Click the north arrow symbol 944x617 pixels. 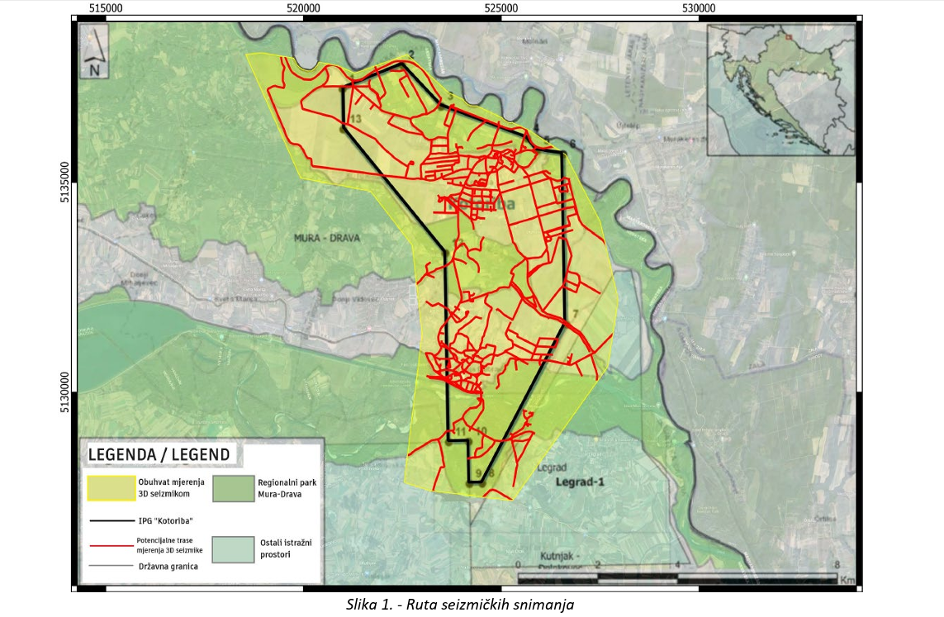tap(96, 50)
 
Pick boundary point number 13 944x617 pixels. tap(356, 120)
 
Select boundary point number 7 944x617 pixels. tap(576, 312)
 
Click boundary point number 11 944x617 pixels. tap(460, 431)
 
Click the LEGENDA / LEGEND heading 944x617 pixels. tap(159, 455)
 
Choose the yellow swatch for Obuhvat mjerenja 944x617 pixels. tap(111, 488)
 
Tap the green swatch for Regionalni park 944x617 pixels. tap(232, 488)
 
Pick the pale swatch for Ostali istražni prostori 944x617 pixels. tap(232, 549)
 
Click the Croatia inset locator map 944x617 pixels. tap(780, 88)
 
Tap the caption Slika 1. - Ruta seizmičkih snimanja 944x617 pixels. tap(459, 605)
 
